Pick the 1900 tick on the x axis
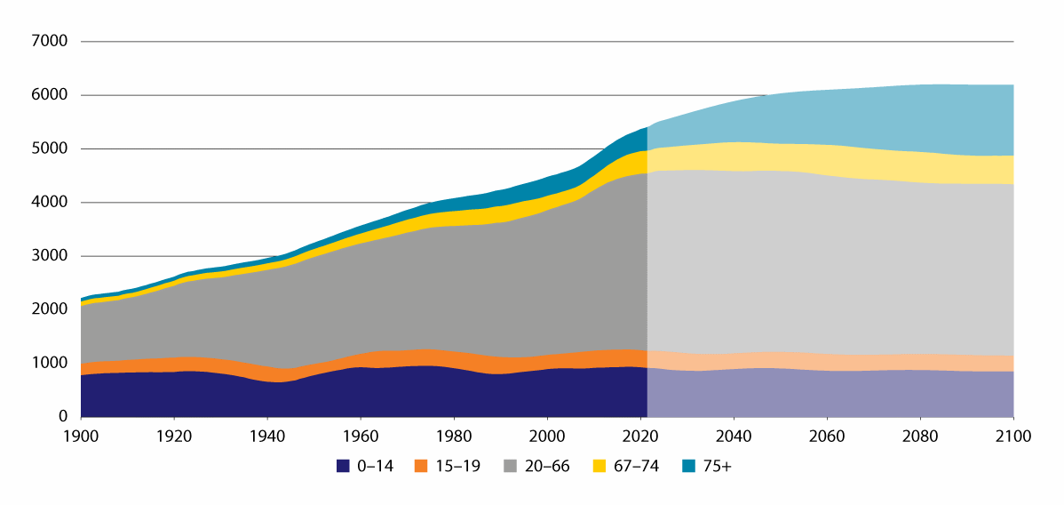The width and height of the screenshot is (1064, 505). (x=81, y=437)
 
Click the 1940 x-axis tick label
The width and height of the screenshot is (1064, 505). (x=267, y=437)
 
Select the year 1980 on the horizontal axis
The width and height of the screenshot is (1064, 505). (x=454, y=437)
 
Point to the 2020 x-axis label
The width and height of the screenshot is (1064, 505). (x=640, y=437)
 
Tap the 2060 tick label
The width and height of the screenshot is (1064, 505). (x=827, y=437)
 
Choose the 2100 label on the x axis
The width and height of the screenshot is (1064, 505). (x=1013, y=437)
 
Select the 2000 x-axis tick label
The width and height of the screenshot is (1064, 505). (x=547, y=437)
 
